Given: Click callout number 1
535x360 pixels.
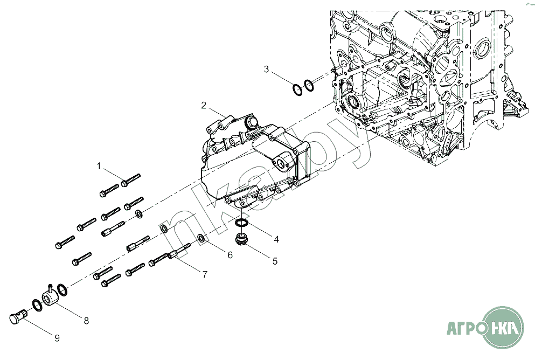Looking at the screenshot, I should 99,165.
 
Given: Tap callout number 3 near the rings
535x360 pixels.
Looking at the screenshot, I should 266,69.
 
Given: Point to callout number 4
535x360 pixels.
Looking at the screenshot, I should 276,239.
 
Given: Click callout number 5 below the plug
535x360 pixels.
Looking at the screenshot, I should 275,261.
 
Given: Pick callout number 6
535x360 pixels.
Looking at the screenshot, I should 230,255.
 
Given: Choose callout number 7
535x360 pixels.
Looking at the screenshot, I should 205,275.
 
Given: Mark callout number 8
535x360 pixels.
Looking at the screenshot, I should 86,321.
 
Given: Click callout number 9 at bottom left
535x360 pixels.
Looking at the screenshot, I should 57,338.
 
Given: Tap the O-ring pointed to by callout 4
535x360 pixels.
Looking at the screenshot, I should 242,223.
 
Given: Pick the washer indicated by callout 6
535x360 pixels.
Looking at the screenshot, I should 200,238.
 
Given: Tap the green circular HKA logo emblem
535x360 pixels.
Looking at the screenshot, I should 503,327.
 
